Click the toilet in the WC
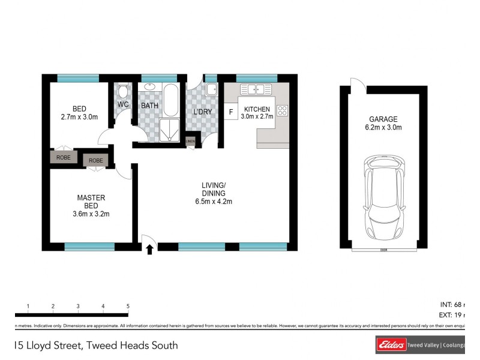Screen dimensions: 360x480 pos(122,91)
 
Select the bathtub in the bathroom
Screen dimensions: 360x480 pos(170,100)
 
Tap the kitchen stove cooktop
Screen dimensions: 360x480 pos(282,110)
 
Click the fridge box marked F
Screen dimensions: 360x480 pos(230,111)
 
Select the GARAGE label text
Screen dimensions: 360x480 pos(383,119)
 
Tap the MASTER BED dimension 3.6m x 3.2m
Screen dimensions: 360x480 pos(91,214)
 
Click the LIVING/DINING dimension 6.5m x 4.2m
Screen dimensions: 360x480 pos(214,202)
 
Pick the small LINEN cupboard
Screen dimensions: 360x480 pos(191,142)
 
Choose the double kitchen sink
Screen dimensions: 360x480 pos(253,90)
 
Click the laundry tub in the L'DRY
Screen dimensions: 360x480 pos(211,91)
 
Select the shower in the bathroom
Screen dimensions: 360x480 pos(170,131)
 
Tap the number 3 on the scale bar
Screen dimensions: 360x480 pos(78,307)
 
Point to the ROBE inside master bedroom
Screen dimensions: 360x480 pos(95,160)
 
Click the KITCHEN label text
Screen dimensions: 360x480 pos(257,109)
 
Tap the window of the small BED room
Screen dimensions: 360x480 pos(78,77)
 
